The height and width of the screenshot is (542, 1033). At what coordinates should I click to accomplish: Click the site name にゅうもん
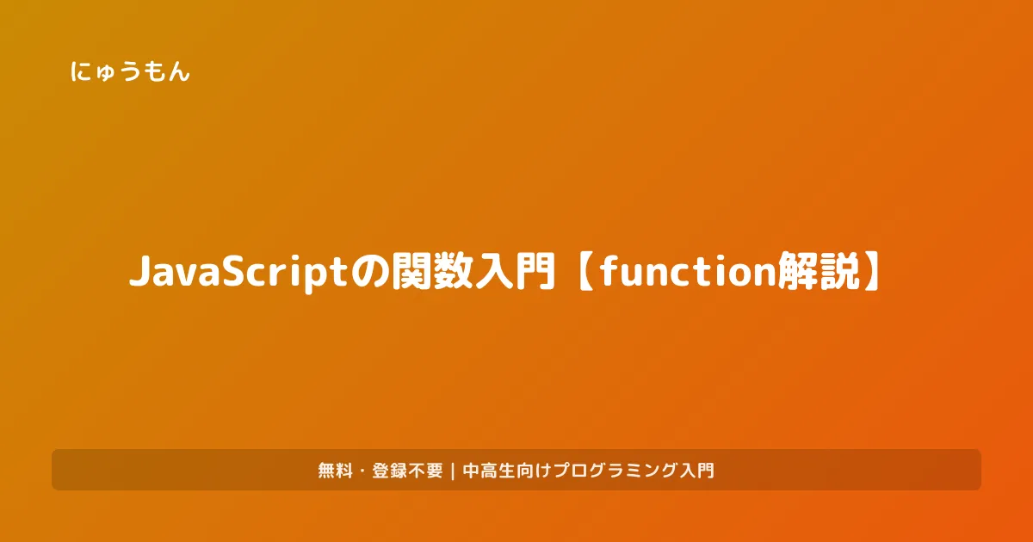coord(130,72)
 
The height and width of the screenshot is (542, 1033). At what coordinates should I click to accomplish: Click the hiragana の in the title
coord(369,273)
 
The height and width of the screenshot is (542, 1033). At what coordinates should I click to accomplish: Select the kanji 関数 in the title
coord(431,272)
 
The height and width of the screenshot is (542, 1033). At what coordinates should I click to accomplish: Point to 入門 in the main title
coord(515,272)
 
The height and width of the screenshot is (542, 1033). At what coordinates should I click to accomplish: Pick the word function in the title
coord(688,272)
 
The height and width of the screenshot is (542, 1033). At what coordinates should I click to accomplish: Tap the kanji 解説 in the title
coord(819,272)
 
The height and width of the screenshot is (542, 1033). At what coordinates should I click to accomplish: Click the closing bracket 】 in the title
coord(871,272)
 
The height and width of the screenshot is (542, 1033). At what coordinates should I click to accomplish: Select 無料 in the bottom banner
coord(335,471)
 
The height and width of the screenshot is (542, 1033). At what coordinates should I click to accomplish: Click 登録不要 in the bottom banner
coord(407,471)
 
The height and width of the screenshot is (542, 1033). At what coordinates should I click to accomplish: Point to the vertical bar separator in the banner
coord(453,471)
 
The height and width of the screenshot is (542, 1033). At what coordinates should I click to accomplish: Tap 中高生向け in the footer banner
coord(507,471)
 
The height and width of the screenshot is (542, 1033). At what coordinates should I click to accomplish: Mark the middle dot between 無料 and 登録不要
coord(362,471)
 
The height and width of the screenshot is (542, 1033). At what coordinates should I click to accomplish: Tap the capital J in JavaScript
coord(141,272)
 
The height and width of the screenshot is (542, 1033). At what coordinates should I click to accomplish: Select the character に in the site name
coord(81,72)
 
